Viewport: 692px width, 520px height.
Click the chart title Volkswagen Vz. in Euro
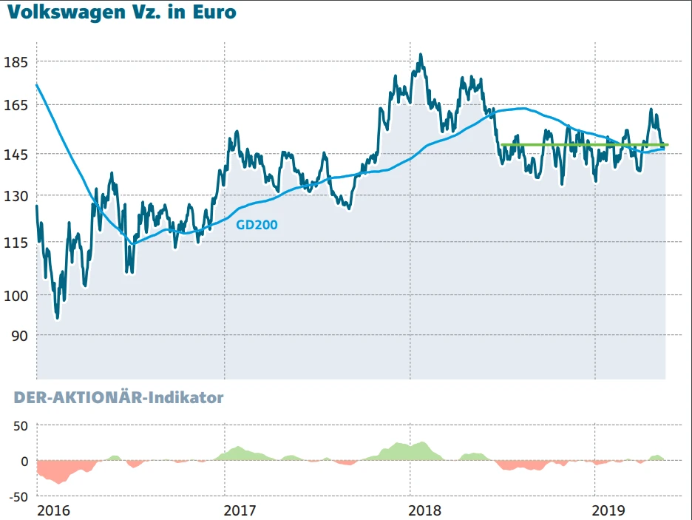pyautogui.click(x=123, y=13)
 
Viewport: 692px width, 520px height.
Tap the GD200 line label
pyautogui.click(x=257, y=225)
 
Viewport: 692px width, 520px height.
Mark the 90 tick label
pyautogui.click(x=18, y=335)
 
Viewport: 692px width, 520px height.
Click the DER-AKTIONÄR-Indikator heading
pyautogui.click(x=118, y=398)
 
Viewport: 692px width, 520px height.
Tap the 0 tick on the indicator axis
pyautogui.click(x=24, y=461)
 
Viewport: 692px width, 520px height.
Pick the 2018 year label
pyautogui.click(x=424, y=510)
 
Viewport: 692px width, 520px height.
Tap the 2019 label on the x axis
pyautogui.click(x=610, y=510)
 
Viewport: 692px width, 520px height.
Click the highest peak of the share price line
pyautogui.click(x=421, y=55)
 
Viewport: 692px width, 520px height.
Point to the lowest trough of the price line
pyautogui.click(x=57, y=317)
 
